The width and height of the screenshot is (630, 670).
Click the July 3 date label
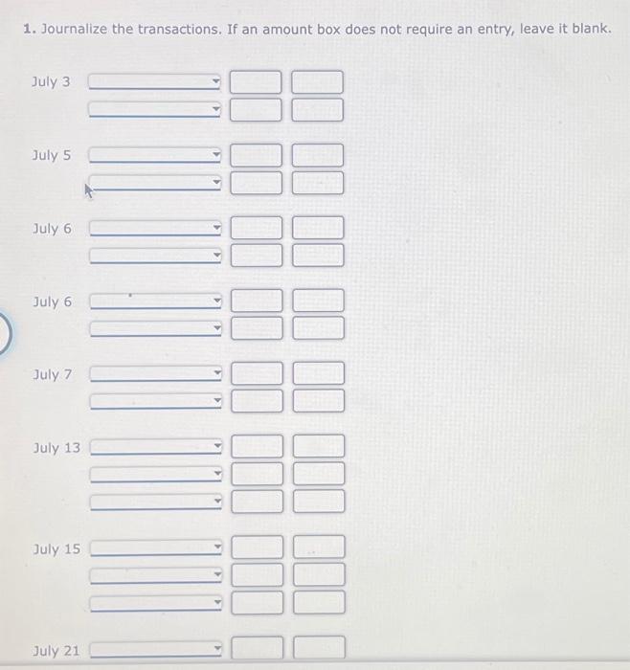coord(51,82)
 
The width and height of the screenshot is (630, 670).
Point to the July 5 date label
coord(51,155)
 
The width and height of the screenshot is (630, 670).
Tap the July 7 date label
coord(52,374)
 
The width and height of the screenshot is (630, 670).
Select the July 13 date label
coord(56,448)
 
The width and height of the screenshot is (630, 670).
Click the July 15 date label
coord(56,549)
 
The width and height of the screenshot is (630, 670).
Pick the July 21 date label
coord(56,651)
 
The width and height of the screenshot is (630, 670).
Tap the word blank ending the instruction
coord(588,29)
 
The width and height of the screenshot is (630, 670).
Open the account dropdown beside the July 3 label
coord(155,83)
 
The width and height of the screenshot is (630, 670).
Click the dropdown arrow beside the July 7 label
coord(216,375)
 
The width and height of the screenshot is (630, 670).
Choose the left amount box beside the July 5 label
coord(257,155)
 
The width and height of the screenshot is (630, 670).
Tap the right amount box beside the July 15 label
coord(319,548)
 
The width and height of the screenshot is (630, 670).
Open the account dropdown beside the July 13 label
coord(155,447)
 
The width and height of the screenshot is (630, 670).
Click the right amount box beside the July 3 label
coord(317,83)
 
